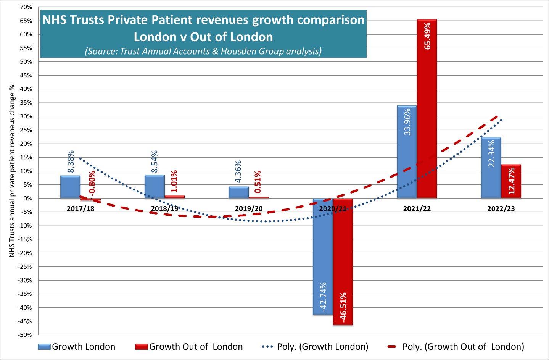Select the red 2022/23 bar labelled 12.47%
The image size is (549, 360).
pos(511,181)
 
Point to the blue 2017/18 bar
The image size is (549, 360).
pos(70,187)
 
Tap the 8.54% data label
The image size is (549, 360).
pos(155,162)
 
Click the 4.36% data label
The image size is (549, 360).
pos(238,171)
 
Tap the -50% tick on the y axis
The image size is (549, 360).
pos(24,335)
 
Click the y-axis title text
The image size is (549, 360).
pos(12,171)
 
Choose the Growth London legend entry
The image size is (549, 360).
pos(77,347)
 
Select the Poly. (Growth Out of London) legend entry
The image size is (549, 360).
pos(456,347)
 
